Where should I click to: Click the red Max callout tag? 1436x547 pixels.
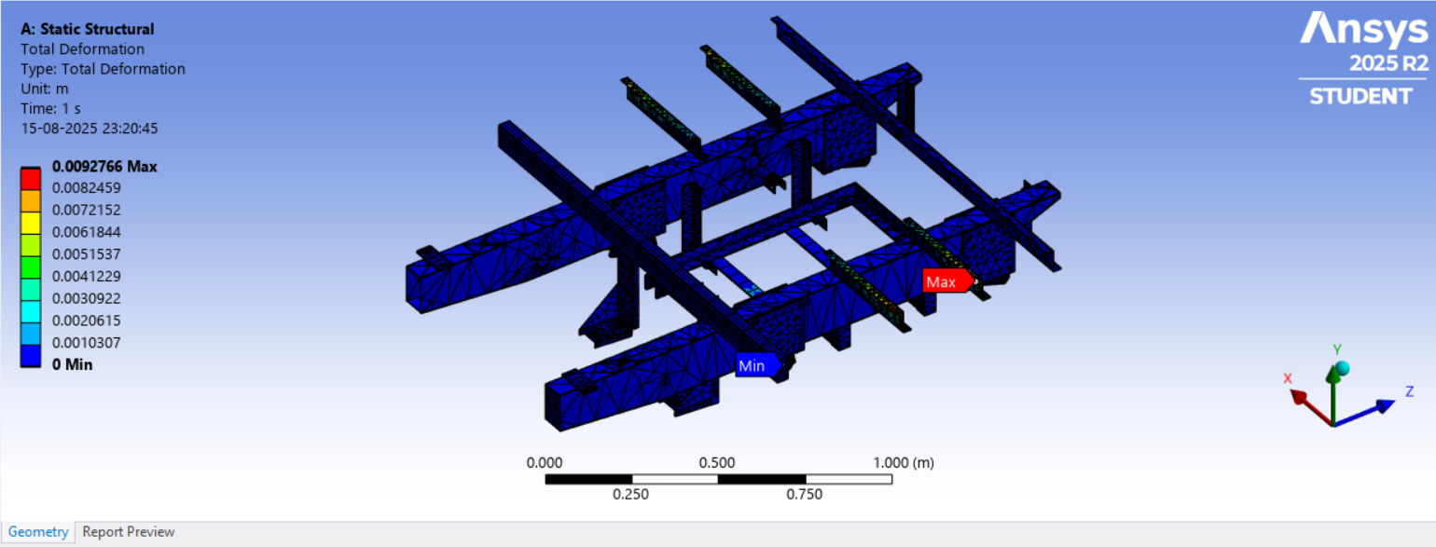pos(947,281)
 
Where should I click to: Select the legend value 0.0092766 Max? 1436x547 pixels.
pos(104,167)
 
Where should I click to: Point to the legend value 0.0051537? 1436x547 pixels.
pos(86,254)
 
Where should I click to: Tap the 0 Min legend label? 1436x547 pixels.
pos(72,364)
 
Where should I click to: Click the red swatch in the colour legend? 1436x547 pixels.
pos(30,179)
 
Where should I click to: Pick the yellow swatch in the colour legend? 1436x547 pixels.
pos(30,223)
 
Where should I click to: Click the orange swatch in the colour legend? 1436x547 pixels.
pos(30,201)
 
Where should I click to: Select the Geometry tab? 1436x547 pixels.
pos(38,532)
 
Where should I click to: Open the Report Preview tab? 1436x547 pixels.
pos(129,532)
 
